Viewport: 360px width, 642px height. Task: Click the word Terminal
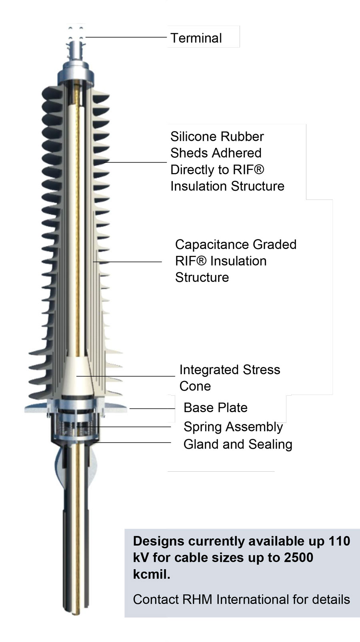[196, 38]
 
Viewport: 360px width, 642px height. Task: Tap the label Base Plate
[216, 408]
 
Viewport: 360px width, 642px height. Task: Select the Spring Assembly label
[233, 427]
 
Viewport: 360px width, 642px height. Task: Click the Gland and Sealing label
[238, 444]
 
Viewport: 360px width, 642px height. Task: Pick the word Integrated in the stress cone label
[210, 370]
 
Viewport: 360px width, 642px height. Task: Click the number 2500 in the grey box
[299, 557]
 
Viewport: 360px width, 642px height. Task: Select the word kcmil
[152, 574]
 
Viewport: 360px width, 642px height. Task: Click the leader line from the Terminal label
[126, 37]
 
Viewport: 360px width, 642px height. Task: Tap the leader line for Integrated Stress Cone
[126, 376]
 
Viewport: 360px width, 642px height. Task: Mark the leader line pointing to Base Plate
[152, 409]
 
